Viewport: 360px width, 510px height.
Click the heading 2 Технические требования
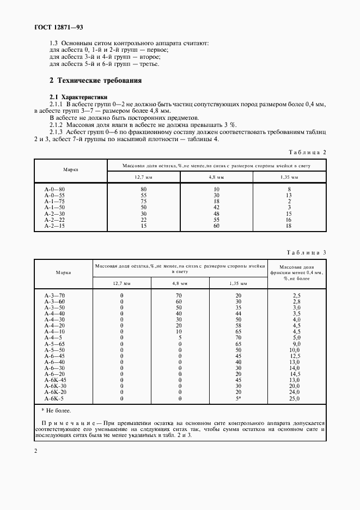coord(95,81)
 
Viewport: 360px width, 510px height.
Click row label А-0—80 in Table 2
coord(54,189)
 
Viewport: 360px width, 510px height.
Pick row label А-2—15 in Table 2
coord(54,226)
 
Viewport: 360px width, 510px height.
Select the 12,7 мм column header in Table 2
coord(144,178)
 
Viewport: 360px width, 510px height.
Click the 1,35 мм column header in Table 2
coord(289,178)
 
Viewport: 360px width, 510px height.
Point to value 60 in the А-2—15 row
coord(217,226)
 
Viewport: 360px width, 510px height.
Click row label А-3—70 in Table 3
coord(54,295)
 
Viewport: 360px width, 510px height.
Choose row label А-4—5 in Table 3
coord(53,337)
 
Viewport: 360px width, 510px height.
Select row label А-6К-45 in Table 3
coord(56,380)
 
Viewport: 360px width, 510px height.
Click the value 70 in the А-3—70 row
coord(179,295)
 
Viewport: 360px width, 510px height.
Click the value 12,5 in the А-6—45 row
coord(297,356)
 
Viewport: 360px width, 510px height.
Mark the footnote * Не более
coord(56,410)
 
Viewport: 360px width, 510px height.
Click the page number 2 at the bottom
coord(35,451)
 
